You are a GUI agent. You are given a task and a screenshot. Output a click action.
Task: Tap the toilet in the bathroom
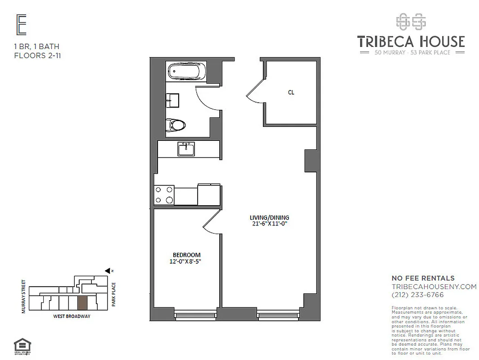tap(176, 124)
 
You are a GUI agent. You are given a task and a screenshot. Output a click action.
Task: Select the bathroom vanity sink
tap(172, 100)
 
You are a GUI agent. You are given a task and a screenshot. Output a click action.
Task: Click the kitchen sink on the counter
tap(185, 148)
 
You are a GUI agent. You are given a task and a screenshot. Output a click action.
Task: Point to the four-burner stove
tap(164, 195)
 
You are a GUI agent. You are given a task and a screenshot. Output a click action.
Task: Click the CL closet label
tap(291, 92)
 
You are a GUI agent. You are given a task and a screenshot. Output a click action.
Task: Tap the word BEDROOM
tap(186, 255)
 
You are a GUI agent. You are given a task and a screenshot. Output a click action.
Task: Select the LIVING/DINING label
tap(270, 217)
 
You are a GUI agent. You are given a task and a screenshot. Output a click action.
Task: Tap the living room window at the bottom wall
tap(278, 316)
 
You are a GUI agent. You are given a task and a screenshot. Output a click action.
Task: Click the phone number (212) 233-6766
tap(418, 295)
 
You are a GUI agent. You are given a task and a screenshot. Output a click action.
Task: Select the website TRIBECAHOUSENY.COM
tap(434, 287)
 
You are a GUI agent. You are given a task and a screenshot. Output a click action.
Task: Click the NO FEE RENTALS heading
tap(423, 278)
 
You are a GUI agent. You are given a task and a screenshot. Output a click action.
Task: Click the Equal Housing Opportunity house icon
tap(21, 346)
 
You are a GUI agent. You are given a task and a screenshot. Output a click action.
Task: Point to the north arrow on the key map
tap(108, 270)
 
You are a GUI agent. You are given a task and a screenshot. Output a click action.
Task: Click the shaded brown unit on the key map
tap(82, 303)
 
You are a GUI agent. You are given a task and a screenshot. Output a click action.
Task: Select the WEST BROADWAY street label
tap(72, 316)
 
